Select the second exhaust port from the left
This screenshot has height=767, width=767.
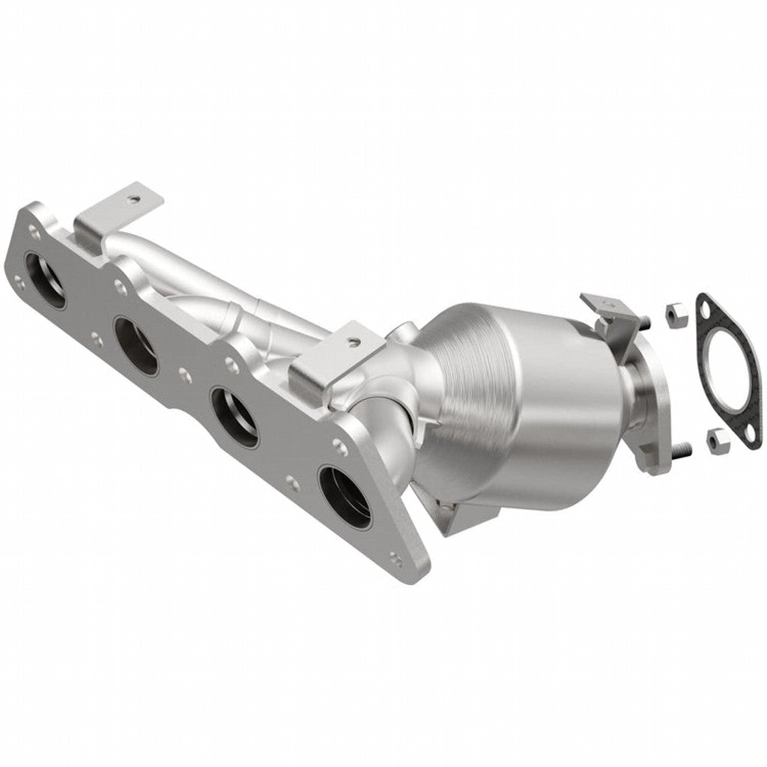click(x=136, y=345)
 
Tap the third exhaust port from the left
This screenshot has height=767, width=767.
click(x=234, y=415)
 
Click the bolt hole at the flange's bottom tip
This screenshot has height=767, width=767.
click(x=395, y=557)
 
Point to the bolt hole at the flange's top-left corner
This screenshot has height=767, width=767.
click(x=33, y=219)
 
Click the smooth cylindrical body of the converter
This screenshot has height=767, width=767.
click(x=562, y=404)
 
